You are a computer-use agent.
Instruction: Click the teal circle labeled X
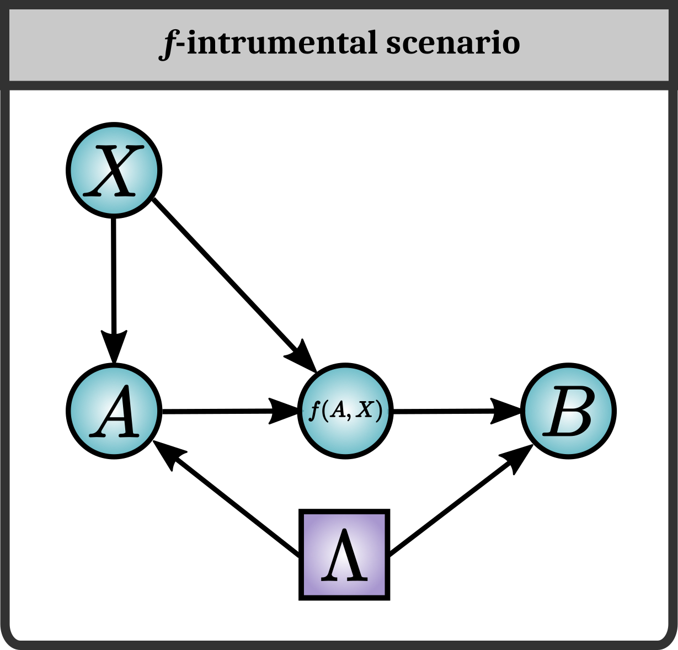click(114, 171)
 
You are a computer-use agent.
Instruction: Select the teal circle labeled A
click(114, 411)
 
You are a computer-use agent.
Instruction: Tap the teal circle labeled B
click(568, 411)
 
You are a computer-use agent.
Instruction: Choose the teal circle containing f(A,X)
click(345, 411)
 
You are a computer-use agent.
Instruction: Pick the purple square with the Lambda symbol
click(344, 555)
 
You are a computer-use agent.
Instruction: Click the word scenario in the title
click(453, 44)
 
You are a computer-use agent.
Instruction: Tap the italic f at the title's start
click(168, 44)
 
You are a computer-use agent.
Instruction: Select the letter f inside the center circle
click(315, 412)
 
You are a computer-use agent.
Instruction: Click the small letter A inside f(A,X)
click(337, 412)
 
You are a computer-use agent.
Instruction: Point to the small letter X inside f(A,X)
click(365, 412)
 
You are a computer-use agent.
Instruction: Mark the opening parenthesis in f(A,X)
click(325, 412)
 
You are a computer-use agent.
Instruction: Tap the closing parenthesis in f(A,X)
click(378, 412)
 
